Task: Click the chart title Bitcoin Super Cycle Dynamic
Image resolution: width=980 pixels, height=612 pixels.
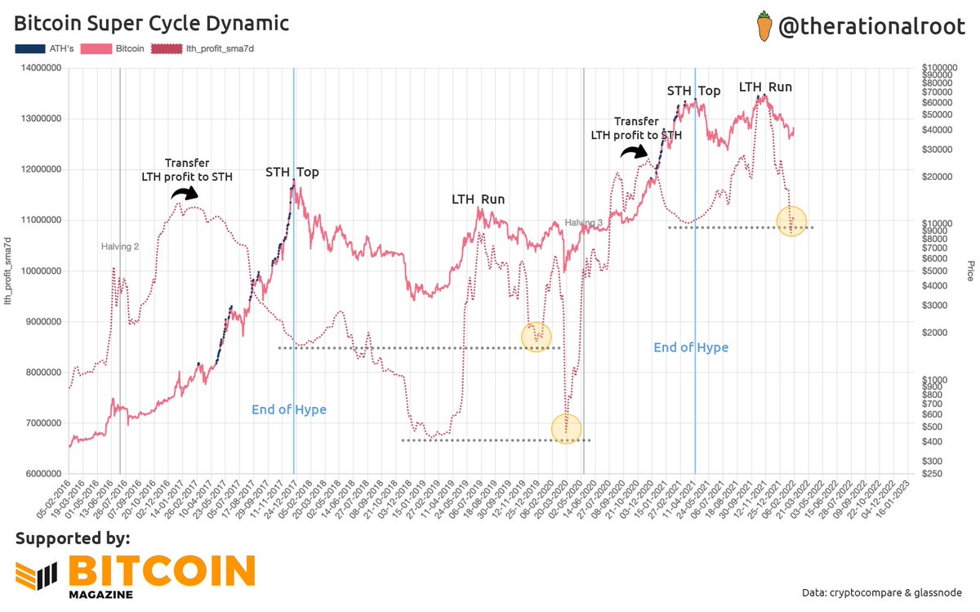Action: (152, 23)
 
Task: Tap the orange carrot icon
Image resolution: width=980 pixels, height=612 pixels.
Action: (763, 25)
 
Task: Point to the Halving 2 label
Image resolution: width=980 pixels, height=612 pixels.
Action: (120, 246)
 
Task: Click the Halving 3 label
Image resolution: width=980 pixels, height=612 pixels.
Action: (584, 222)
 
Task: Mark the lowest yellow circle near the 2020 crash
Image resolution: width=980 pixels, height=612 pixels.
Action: (566, 428)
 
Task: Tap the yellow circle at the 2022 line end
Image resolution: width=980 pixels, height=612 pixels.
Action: (791, 220)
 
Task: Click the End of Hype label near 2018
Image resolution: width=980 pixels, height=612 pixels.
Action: (288, 409)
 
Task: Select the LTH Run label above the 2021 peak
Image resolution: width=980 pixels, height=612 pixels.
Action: (765, 87)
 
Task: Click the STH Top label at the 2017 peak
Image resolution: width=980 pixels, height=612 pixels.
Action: (292, 172)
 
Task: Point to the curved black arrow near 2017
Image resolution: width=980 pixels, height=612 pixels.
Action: (185, 192)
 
